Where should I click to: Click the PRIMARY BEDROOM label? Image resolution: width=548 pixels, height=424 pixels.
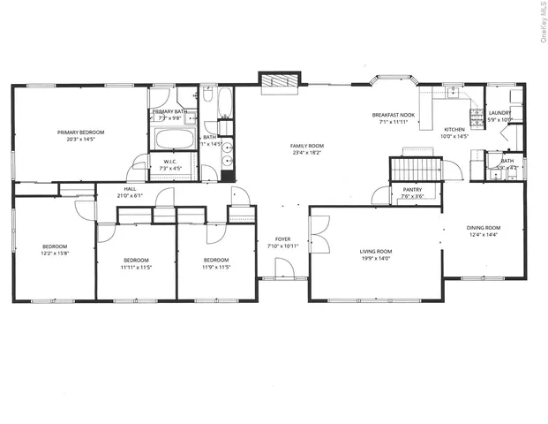click(x=80, y=132)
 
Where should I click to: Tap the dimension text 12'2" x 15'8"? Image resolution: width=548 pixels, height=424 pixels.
click(x=55, y=254)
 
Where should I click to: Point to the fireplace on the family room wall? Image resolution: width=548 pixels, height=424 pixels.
click(x=278, y=79)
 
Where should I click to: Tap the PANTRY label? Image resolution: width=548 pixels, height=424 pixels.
click(x=412, y=189)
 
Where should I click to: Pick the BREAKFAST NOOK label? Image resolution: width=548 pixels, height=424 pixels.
click(x=393, y=115)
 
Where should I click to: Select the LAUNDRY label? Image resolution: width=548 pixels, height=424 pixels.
click(x=499, y=112)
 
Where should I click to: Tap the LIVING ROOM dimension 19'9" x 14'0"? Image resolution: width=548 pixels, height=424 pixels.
click(x=375, y=260)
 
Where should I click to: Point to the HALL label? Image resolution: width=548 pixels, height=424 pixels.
click(x=130, y=189)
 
